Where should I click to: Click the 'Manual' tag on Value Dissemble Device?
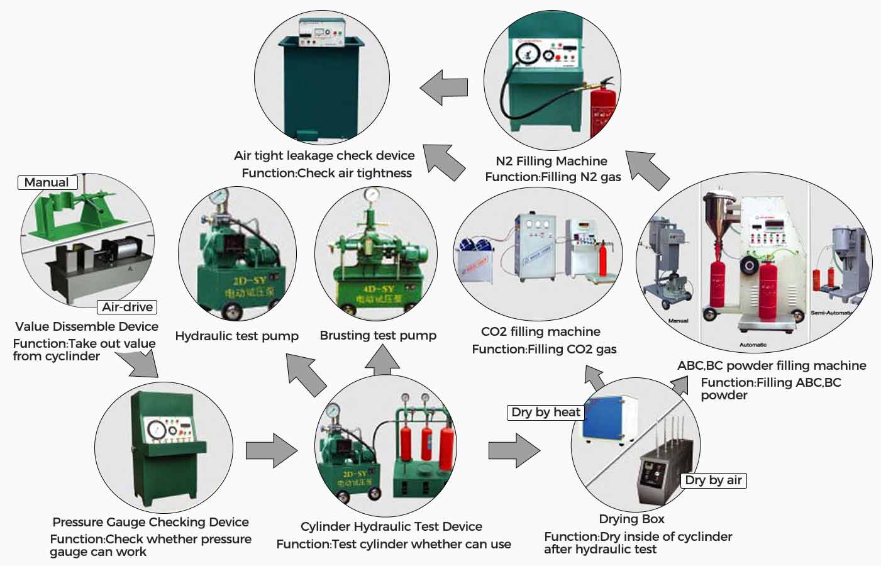47,182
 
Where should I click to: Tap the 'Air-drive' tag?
128,307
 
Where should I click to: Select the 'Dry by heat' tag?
546,412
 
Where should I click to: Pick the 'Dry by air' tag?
713,480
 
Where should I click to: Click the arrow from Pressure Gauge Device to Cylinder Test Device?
271,450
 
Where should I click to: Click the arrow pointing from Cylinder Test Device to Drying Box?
514,450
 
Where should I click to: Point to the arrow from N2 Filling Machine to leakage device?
444,87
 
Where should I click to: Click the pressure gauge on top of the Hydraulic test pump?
219,197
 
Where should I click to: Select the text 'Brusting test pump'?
378,335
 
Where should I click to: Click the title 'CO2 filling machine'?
540,331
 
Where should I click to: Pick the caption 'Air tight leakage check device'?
324,155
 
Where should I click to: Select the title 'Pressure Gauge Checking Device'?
150,522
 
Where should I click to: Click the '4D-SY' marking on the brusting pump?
379,289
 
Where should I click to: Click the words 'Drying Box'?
631,519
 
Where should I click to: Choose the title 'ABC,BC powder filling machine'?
771,365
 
